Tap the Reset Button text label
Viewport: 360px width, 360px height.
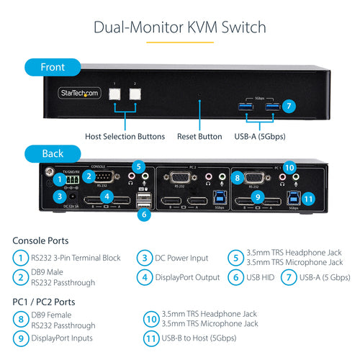(x=199, y=136)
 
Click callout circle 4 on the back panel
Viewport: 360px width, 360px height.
(x=107, y=196)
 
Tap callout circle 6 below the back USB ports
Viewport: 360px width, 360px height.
(x=143, y=214)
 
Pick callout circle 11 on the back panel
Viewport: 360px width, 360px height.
(x=308, y=199)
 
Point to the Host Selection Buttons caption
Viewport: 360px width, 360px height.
(x=125, y=136)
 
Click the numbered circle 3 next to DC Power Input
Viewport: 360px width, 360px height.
(x=143, y=258)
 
